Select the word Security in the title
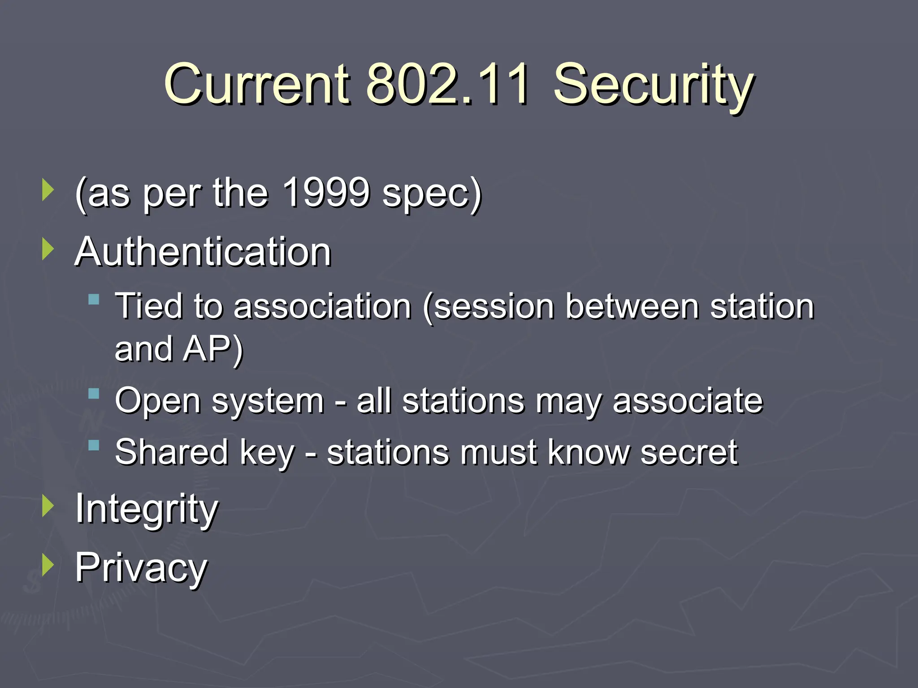click(x=654, y=85)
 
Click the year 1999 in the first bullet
click(x=326, y=193)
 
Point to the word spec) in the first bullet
click(x=432, y=194)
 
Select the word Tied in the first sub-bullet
click(x=149, y=306)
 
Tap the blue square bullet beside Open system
click(x=94, y=394)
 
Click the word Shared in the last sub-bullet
click(x=172, y=452)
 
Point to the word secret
click(x=688, y=452)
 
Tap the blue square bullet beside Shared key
click(x=94, y=445)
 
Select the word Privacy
click(x=141, y=568)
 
